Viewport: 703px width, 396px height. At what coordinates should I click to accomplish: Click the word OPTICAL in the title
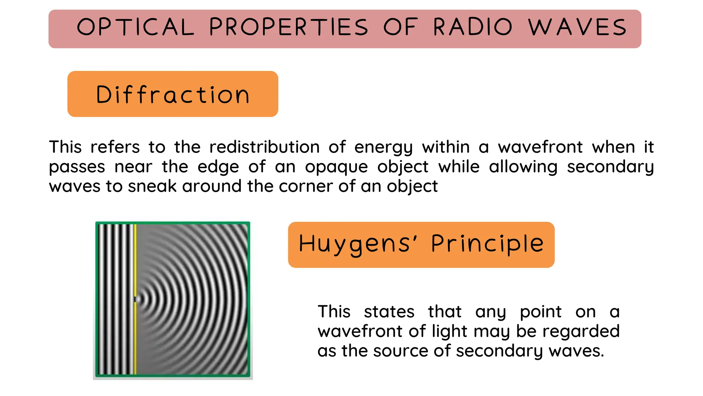tap(135, 27)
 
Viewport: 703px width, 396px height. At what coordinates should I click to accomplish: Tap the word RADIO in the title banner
tap(473, 27)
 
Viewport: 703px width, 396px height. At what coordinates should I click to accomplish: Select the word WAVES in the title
tap(577, 27)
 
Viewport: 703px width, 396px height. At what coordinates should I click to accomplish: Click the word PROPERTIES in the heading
tap(288, 27)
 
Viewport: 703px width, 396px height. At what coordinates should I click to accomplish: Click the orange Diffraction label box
tap(173, 94)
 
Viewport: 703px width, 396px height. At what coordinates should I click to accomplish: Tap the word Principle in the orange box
tap(487, 244)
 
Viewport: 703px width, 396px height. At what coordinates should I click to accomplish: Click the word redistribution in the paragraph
tap(264, 147)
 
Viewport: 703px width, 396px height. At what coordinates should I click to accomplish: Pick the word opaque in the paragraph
tap(336, 167)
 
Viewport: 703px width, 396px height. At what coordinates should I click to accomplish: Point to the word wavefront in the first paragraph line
tap(540, 147)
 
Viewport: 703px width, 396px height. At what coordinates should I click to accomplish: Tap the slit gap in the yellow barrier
tap(135, 299)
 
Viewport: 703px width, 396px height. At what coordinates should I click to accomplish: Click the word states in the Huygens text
tap(389, 312)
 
